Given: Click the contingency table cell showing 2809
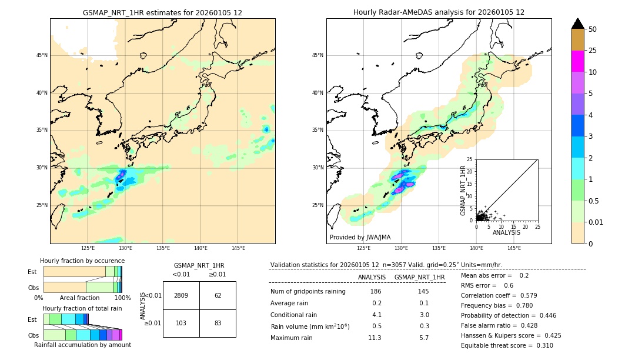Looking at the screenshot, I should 181,295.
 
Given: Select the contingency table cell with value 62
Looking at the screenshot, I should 218,295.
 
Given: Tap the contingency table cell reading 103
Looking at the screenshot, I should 181,324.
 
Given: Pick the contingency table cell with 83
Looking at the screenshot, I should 218,324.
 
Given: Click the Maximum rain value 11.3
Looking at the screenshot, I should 375,338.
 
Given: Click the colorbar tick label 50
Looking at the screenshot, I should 593,29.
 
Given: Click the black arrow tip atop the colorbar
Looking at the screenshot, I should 578,22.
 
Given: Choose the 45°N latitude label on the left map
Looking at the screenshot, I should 42,55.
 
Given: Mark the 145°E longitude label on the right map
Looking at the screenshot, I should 514,248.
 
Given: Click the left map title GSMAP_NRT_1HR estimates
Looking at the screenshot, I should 162,12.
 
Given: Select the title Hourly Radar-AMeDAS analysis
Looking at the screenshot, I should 439,12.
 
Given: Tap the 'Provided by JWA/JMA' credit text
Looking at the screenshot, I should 359,238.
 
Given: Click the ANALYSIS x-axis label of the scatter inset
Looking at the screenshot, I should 506,233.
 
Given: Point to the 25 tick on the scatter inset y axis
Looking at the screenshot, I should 470,159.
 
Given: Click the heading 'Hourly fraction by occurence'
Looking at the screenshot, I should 82,261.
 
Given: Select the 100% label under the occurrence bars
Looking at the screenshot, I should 122,298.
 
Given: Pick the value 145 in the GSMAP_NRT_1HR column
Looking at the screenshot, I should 423,292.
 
